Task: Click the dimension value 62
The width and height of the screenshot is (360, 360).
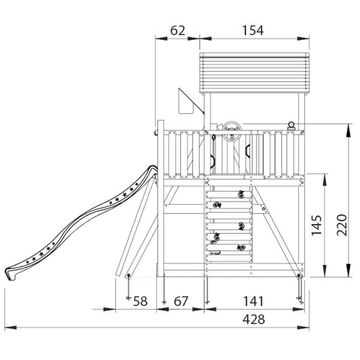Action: point(178,31)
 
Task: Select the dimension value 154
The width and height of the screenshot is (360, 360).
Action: point(253,31)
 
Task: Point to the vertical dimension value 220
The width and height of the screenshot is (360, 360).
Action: point(342,225)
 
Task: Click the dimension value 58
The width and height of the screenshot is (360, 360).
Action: point(140,301)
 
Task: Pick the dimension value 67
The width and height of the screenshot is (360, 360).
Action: point(181,301)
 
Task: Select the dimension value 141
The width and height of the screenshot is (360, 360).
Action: point(253,301)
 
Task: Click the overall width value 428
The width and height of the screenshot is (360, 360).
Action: point(253,319)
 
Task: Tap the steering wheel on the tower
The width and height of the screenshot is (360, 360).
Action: point(232,131)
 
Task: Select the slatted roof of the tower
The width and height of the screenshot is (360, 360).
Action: point(254,73)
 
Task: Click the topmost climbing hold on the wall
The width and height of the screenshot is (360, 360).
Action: point(241,194)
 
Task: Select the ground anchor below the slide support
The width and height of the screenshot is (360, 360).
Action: point(128,288)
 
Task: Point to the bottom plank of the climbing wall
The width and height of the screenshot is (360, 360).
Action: point(229,258)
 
